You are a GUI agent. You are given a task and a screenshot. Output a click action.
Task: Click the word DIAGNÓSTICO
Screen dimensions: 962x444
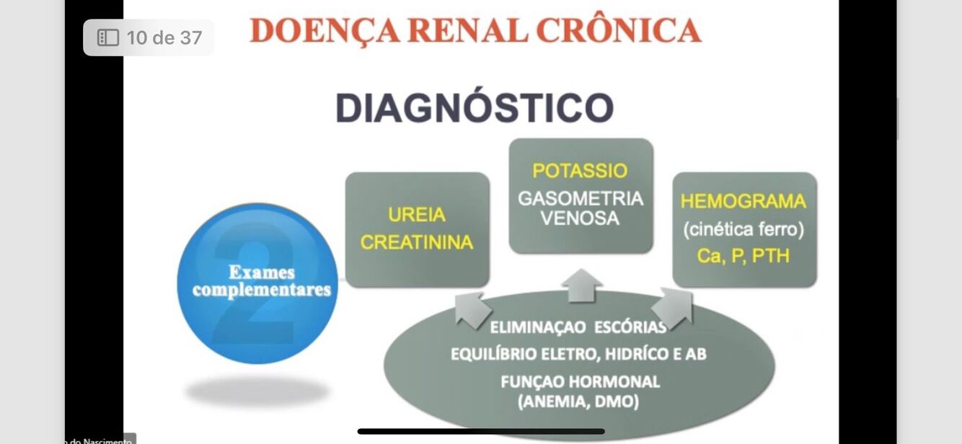coord(475,107)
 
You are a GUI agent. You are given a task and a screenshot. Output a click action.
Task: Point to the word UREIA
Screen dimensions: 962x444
coord(417,215)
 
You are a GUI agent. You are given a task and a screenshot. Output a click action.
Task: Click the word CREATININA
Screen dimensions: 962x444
coord(417,243)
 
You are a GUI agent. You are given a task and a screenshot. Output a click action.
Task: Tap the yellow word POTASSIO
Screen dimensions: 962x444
coord(580,172)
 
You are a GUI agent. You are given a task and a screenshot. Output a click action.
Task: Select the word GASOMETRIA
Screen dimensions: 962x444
coord(581,198)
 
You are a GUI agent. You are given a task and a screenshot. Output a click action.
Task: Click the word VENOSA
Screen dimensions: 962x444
coord(580,218)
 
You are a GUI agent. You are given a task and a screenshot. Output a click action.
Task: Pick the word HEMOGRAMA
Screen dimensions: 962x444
coord(743,201)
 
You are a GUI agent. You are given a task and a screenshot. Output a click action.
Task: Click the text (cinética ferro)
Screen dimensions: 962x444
coord(743,229)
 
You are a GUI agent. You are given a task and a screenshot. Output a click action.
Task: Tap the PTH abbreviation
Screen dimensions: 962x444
coord(771,256)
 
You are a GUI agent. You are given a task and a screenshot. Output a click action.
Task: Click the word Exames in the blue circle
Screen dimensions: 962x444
coord(261,272)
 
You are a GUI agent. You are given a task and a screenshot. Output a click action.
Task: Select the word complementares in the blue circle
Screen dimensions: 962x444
coord(261,290)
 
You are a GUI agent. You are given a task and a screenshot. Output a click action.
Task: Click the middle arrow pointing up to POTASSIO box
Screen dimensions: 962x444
coord(581,285)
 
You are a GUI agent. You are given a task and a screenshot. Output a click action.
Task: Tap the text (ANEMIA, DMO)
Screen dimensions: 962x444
coord(579,401)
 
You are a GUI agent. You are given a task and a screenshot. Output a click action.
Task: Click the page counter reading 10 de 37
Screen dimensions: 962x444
coord(164,37)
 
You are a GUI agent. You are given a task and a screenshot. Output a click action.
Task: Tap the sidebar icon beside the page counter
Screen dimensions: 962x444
coord(107,37)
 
